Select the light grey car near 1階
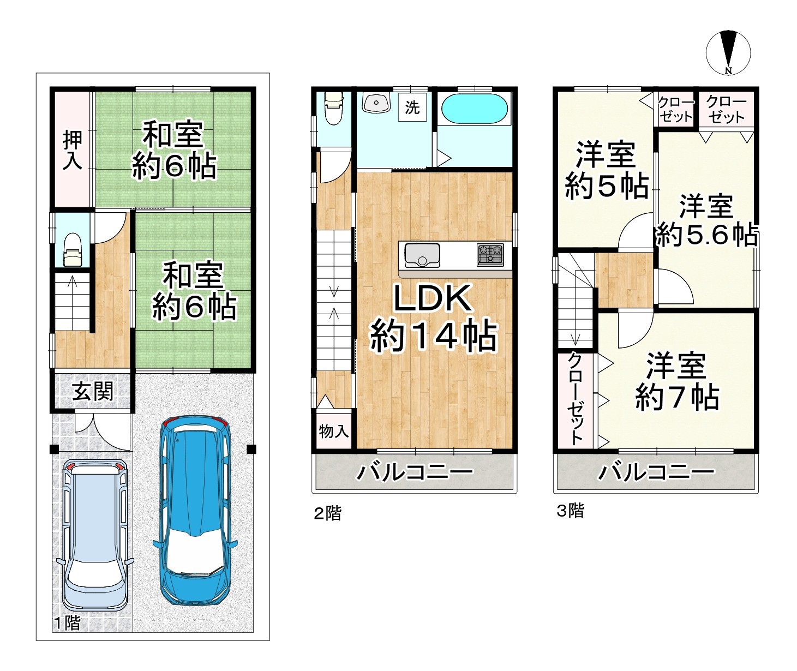(x=95, y=535)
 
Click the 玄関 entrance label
(x=93, y=391)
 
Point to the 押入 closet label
(x=72, y=149)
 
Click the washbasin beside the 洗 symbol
(x=375, y=102)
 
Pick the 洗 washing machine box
(x=412, y=107)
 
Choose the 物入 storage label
(x=333, y=432)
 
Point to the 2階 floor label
(x=327, y=513)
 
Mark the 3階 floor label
(x=570, y=511)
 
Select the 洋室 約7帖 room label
(x=676, y=381)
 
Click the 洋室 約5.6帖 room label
(x=706, y=221)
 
